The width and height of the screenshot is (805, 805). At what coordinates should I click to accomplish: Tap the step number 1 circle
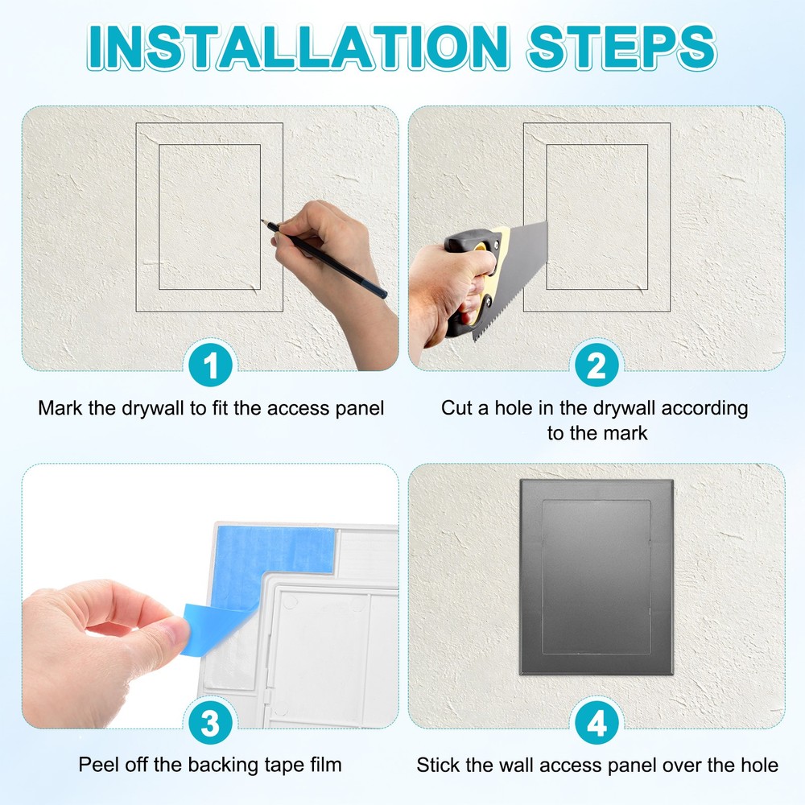pyautogui.click(x=211, y=368)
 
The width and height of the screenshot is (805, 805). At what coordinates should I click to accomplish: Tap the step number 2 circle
pyautogui.click(x=597, y=368)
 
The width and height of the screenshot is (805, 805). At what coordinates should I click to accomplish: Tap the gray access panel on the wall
pyautogui.click(x=596, y=576)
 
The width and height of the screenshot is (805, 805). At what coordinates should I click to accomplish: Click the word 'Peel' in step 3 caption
pyautogui.click(x=97, y=764)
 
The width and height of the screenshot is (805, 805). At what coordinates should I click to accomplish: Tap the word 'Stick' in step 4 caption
pyautogui.click(x=437, y=764)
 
